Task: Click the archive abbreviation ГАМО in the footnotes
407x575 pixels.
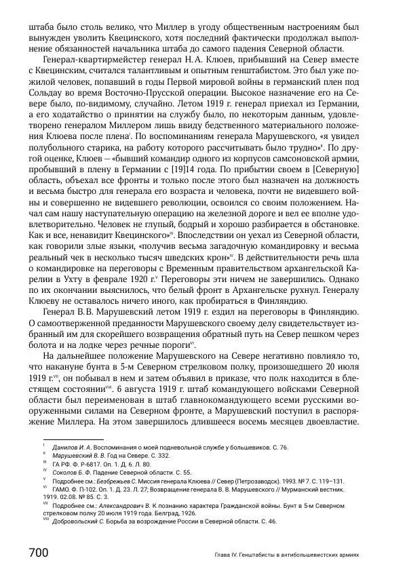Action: (60, 488)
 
